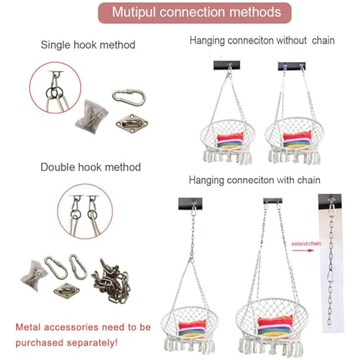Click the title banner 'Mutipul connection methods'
(x=195, y=12)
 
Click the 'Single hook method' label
(x=88, y=45)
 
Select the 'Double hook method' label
(x=90, y=167)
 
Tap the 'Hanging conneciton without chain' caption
(x=262, y=41)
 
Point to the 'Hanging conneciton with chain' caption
(x=255, y=180)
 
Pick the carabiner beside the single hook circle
(x=129, y=97)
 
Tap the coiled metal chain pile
(x=110, y=281)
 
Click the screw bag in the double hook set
(x=34, y=275)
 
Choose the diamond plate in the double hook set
(x=67, y=290)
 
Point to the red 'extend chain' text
(x=306, y=244)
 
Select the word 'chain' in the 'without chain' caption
(x=323, y=41)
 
